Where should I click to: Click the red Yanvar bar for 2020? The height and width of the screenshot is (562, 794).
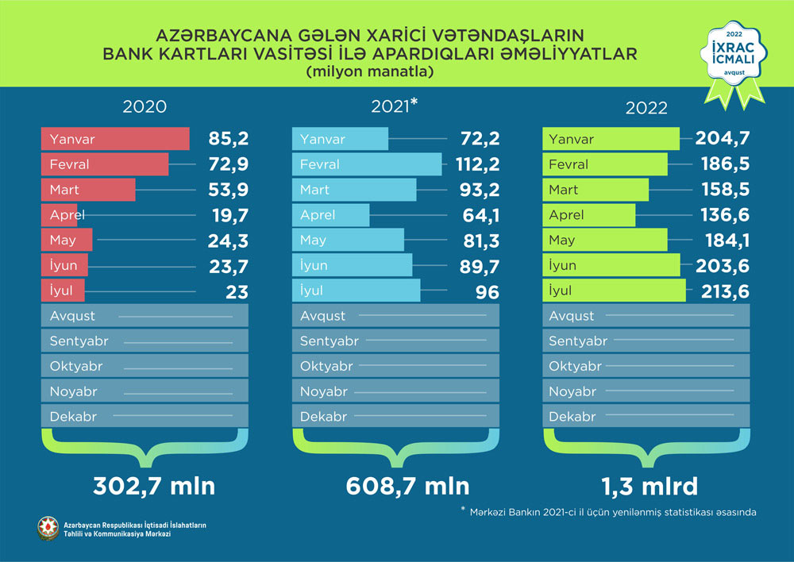click(x=115, y=139)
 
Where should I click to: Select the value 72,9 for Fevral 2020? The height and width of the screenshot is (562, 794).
click(x=226, y=164)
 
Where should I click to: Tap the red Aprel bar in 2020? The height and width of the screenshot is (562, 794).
click(x=59, y=215)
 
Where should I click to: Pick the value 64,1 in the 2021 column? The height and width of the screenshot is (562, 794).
click(x=479, y=215)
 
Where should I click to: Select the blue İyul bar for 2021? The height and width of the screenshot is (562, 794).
click(x=357, y=291)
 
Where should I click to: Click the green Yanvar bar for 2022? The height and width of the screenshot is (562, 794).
click(x=611, y=139)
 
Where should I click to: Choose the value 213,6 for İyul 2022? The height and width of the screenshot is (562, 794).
click(x=727, y=291)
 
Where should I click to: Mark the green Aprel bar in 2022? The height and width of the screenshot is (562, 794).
click(x=589, y=215)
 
